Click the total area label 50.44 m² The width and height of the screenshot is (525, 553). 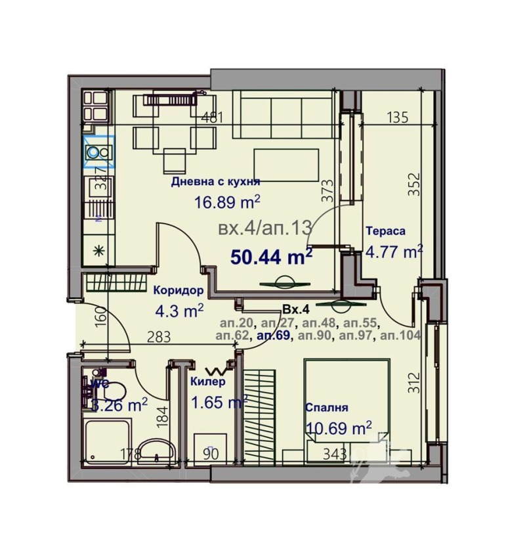[x=271, y=257]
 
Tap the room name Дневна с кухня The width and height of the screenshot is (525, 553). [x=215, y=183]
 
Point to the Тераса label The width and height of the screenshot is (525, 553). [x=385, y=231]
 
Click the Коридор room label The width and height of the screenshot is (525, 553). [x=178, y=290]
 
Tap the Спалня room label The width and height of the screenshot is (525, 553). [x=326, y=407]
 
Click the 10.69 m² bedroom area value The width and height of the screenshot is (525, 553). [x=338, y=428]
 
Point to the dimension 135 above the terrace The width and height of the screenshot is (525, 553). [x=398, y=118]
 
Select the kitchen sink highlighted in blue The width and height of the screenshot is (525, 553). [x=98, y=152]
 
